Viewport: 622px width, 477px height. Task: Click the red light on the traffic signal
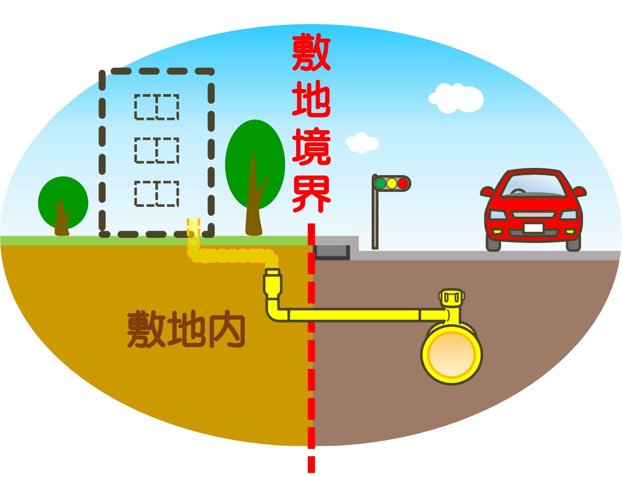coord(403,183)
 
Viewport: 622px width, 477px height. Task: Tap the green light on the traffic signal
coord(381,183)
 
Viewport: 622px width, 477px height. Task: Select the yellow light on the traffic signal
coord(392,183)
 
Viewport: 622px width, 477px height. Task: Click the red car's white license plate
coord(533,228)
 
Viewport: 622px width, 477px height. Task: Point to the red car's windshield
coord(534,186)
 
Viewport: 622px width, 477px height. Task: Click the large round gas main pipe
coord(451,354)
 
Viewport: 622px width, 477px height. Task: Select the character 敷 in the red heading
coord(311,53)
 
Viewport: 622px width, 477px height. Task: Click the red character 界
coord(311,194)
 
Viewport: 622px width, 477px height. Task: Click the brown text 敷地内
coord(186,329)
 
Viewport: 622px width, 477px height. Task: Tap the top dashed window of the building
coord(157,107)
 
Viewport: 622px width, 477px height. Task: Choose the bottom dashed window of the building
coord(157,194)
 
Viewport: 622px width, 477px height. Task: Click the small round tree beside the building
coord(63,203)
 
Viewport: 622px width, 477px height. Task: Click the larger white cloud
coord(457,98)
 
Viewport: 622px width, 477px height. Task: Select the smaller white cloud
coord(362,143)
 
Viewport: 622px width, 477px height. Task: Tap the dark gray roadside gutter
coord(332,252)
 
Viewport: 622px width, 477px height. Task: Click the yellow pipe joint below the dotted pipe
coord(272,282)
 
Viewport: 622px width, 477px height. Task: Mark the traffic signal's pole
coord(375,220)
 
